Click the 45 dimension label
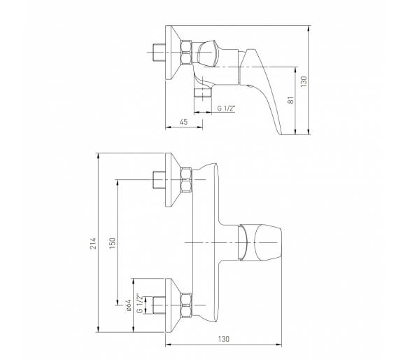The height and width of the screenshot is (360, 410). pyautogui.click(x=184, y=122)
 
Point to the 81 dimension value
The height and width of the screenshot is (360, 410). pyautogui.click(x=291, y=100)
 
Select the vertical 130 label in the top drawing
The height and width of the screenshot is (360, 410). pyautogui.click(x=304, y=82)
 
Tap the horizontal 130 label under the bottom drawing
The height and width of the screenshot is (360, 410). pyautogui.click(x=224, y=339)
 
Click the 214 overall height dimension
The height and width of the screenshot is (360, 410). pyautogui.click(x=93, y=243)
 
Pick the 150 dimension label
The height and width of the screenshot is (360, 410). pyautogui.click(x=112, y=243)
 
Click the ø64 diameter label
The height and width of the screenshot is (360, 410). pyautogui.click(x=128, y=305)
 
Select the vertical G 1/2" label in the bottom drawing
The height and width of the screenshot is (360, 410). pyautogui.click(x=140, y=304)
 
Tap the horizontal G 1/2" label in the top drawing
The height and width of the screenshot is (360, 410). pyautogui.click(x=227, y=108)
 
